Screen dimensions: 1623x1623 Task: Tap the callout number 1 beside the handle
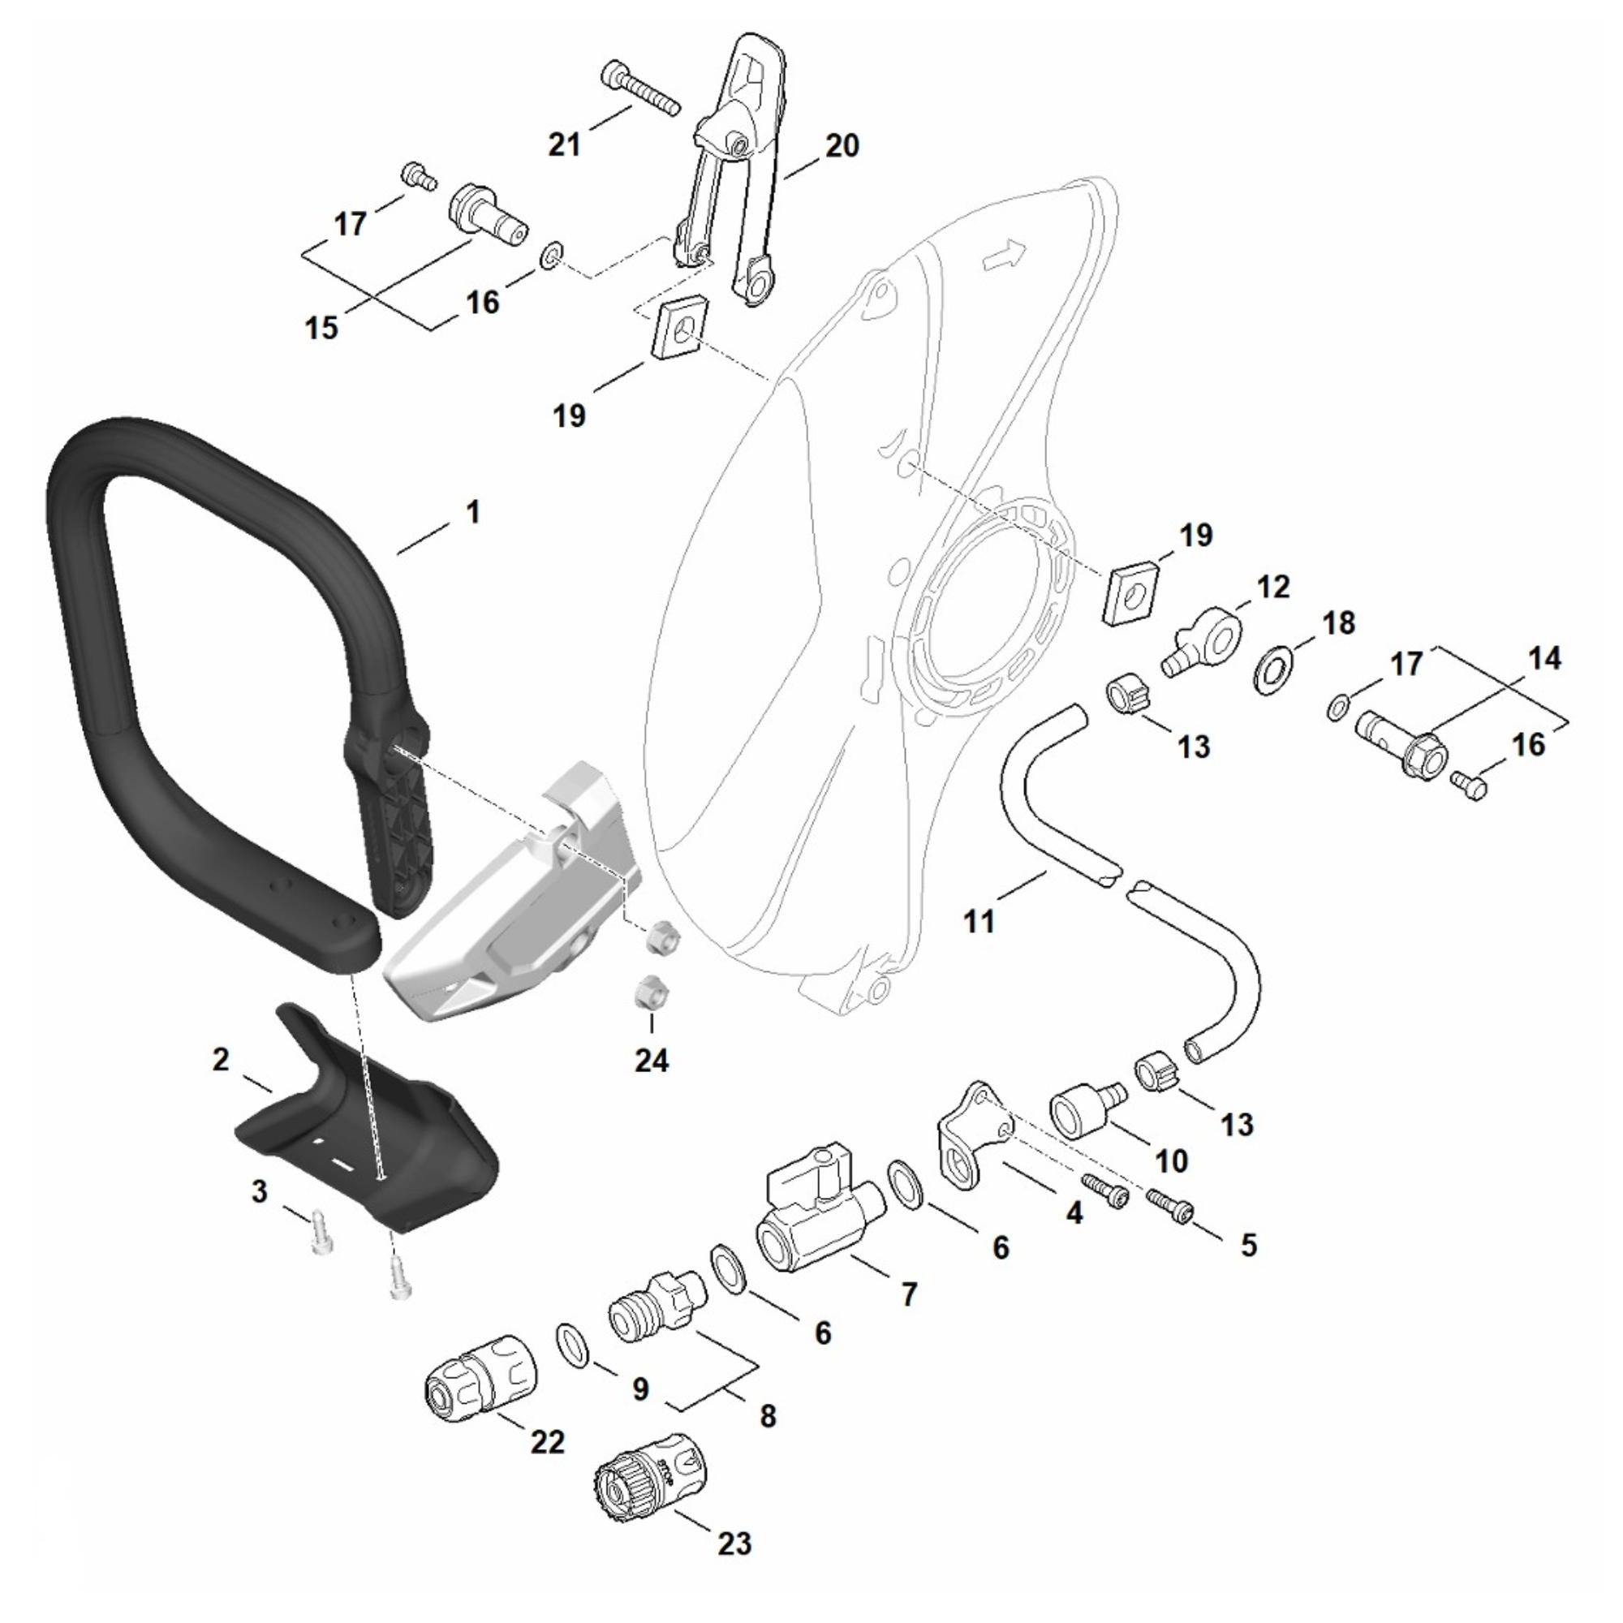click(x=473, y=511)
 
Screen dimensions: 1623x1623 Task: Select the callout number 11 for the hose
click(x=979, y=921)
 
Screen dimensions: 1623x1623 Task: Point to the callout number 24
click(x=651, y=1060)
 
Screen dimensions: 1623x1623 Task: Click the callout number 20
click(x=842, y=145)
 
